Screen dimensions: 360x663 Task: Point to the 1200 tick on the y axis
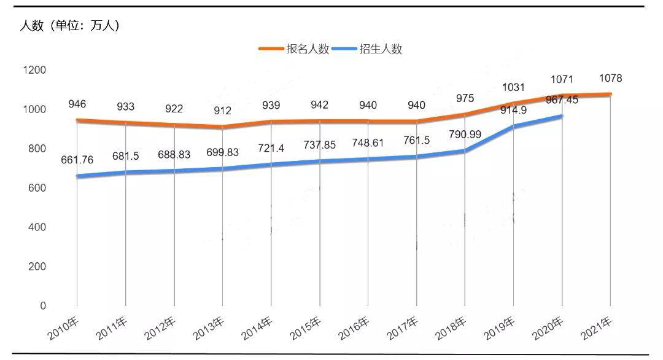34,70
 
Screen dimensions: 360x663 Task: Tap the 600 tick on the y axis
34,188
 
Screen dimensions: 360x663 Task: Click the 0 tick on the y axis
43,306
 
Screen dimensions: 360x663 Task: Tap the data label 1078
611,79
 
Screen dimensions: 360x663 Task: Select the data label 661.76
77,160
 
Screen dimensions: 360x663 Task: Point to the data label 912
222,111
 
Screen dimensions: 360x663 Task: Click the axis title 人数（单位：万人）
69,26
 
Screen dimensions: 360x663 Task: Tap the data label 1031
513,87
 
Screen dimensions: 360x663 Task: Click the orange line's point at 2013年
222,127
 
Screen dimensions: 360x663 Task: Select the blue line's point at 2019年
513,126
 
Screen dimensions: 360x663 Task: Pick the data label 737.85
319,145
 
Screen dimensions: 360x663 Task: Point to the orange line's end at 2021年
610,94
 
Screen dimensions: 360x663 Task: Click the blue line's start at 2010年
77,176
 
